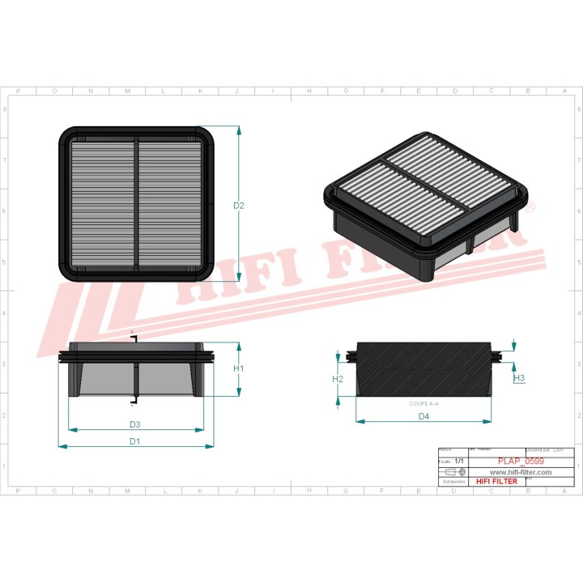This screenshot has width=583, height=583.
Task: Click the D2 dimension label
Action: pos(239,206)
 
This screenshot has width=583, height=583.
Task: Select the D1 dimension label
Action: pos(135,441)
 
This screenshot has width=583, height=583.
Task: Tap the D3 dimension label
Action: pos(135,424)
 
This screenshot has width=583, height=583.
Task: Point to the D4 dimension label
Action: pos(423,416)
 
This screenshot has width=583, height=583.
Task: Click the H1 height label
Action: pos(239,368)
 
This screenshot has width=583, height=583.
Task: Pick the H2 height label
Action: pos(338,379)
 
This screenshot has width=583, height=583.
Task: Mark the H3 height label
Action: pos(520,378)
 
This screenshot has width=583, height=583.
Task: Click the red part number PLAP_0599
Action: pos(522,462)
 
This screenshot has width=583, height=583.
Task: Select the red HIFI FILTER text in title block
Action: pos(496,481)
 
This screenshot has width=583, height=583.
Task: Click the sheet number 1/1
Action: pos(459,461)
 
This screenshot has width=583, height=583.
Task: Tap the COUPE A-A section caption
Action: pos(423,403)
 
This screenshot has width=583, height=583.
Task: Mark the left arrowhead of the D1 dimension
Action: pos(61,446)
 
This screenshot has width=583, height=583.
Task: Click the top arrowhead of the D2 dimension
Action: pos(240,129)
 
